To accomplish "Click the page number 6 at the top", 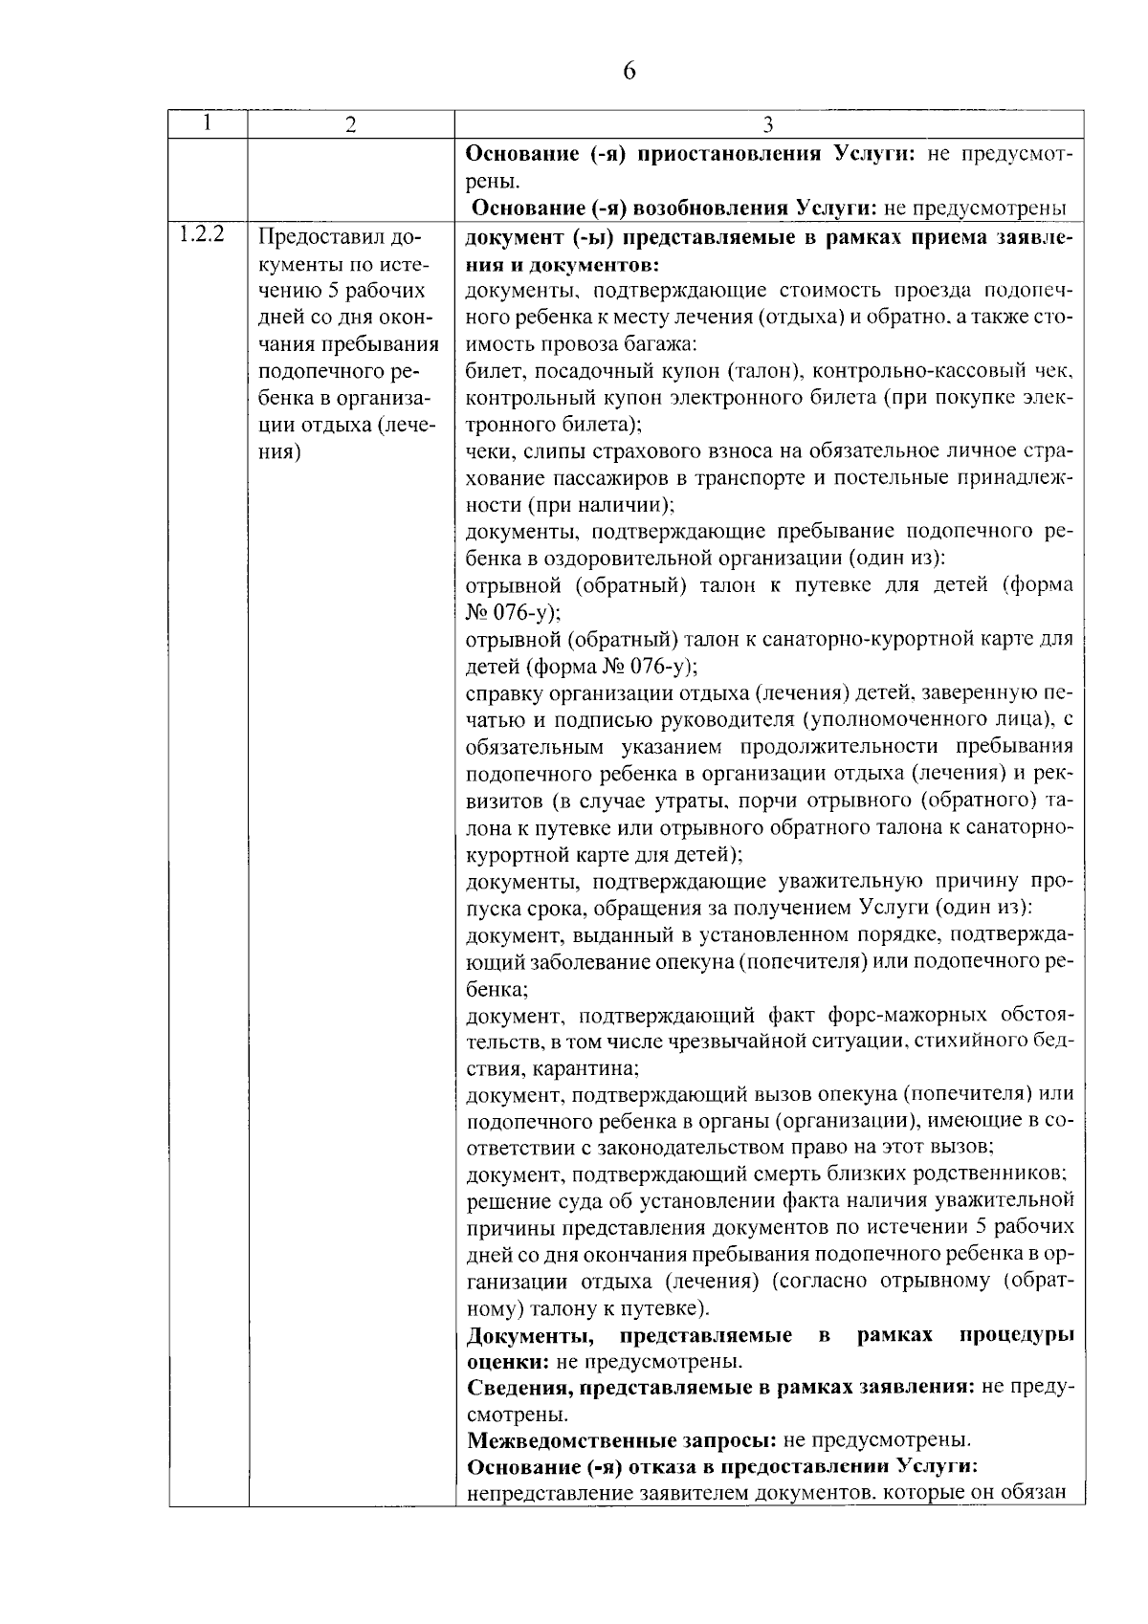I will pyautogui.click(x=629, y=72).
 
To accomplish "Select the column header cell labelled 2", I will pyautogui.click(x=351, y=124).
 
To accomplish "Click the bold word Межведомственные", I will pyautogui.click(x=621, y=1439).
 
